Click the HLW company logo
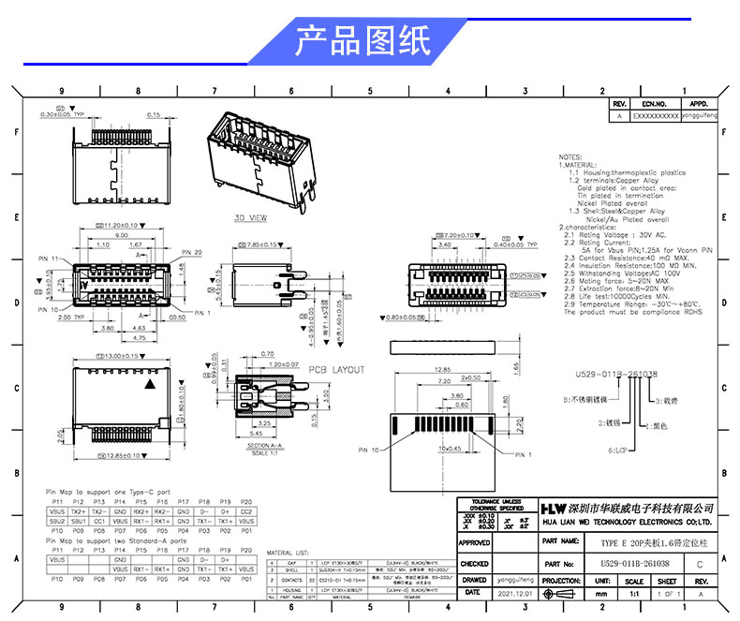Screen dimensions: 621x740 click(x=529, y=506)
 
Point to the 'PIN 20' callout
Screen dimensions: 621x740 click(x=191, y=253)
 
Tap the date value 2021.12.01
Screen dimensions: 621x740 click(x=515, y=593)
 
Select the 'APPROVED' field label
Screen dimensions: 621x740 click(x=475, y=542)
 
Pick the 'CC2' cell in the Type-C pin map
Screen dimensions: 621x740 click(x=246, y=511)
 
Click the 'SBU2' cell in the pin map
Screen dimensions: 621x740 click(x=57, y=520)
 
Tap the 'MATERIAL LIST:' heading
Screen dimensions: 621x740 click(x=288, y=553)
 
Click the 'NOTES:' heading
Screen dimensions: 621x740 click(x=570, y=156)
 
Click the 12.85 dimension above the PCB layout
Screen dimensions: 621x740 click(x=444, y=369)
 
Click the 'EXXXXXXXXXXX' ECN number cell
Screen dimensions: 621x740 click(x=656, y=116)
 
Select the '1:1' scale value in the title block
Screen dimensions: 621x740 click(x=635, y=594)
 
